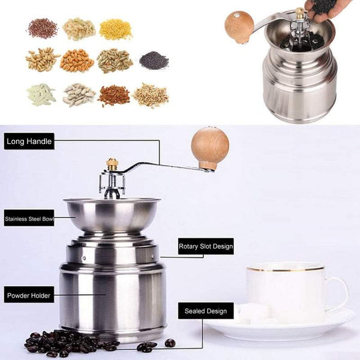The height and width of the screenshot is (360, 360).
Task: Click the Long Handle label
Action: coord(29,142)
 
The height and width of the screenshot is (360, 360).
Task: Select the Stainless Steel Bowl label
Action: coord(29,220)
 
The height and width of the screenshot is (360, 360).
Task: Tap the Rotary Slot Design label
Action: coord(206,247)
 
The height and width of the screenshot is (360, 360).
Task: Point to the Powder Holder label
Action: coord(29,295)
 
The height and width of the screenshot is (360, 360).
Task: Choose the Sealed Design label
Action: coord(205,311)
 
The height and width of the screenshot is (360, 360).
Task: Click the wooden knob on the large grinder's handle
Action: coord(209,147)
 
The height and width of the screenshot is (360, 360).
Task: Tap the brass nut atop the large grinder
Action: coord(112,163)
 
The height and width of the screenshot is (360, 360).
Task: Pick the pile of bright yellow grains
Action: coord(115,29)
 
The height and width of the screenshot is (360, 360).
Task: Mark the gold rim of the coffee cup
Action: coord(285,268)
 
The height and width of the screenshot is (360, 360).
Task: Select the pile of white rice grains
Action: coord(41,94)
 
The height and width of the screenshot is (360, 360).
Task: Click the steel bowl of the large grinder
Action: coord(112,213)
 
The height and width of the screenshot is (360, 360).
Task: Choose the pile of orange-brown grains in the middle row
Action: coord(77,60)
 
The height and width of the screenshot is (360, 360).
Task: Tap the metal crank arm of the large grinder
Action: coord(162,165)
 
